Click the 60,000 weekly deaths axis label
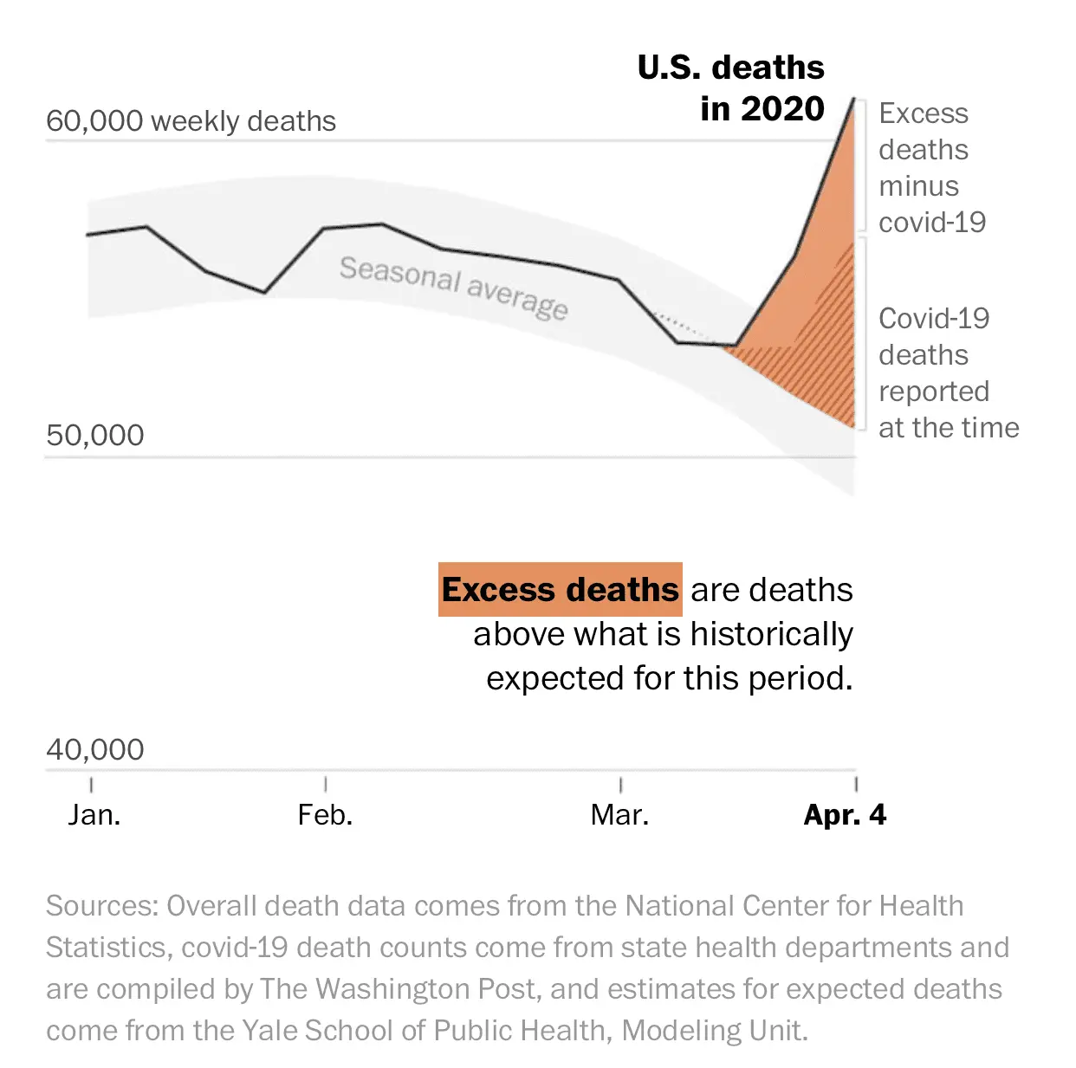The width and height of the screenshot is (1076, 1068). pos(191,121)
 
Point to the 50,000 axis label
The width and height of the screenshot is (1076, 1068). pos(95,435)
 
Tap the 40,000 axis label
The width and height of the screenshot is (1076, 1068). pos(95,749)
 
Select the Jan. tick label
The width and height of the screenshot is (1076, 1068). pos(94,815)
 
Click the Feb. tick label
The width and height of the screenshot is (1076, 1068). pos(325,815)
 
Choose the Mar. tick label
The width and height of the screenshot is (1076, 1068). pos(619,815)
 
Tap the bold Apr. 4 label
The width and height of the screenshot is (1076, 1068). pos(845,815)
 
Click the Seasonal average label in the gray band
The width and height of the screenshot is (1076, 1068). pos(453,287)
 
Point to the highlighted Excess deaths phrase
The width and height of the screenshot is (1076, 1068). pos(561,590)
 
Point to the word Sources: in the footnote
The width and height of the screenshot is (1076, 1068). pos(102,906)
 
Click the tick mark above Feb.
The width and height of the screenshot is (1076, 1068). pos(326,784)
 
